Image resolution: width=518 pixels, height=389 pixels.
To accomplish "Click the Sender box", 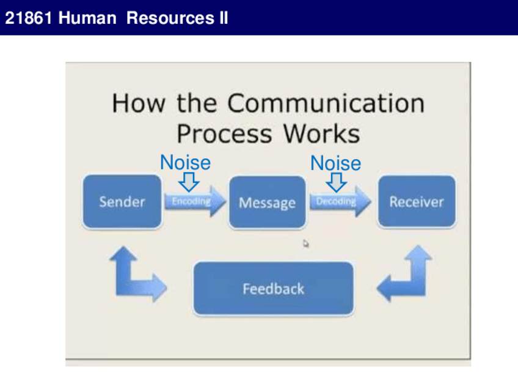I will (122, 202).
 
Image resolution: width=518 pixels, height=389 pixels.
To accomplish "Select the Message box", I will (267, 202).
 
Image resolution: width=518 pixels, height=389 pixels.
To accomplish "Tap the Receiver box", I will (416, 202).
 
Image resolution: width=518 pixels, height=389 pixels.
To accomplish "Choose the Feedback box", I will (273, 289).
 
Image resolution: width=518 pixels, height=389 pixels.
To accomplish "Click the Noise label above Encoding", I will (185, 163).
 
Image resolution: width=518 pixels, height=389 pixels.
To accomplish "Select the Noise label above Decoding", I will (335, 163).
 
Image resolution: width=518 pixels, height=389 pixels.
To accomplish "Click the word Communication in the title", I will (326, 103).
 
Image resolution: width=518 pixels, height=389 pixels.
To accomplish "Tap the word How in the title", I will (138, 103).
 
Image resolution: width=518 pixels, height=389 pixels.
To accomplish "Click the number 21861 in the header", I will (29, 18).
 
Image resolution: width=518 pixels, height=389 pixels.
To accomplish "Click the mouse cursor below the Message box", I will (306, 243).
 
